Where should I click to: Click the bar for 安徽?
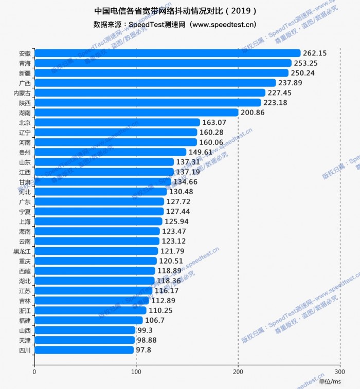pyautogui.click(x=167, y=53)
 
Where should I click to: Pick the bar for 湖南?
pyautogui.click(x=136, y=113)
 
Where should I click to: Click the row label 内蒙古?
pyautogui.click(x=22, y=93)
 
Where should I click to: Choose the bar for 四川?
pyautogui.click(x=84, y=350)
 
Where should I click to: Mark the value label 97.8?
pyautogui.click(x=146, y=350)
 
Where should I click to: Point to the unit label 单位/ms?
pyautogui.click(x=330, y=381)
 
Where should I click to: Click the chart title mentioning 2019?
pyautogui.click(x=175, y=10)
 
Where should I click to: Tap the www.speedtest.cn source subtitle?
pyautogui.click(x=175, y=24)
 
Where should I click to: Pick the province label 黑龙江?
pyautogui.click(x=22, y=251)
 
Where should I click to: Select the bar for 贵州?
pyautogui.click(x=110, y=152)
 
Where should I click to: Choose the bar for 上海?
pyautogui.click(x=98, y=221)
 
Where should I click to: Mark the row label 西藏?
pyautogui.click(x=24, y=271)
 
